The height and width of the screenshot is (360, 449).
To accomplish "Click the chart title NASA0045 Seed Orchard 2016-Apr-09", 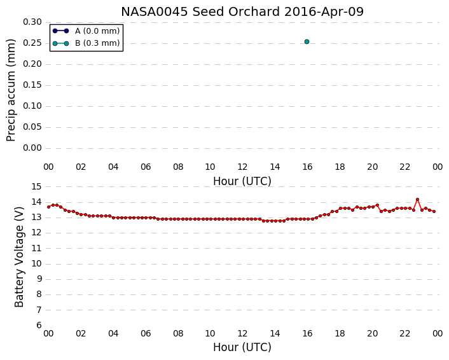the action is coord(242,11).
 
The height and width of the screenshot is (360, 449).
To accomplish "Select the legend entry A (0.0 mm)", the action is coord(86,31).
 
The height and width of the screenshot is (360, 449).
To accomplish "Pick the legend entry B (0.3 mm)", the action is coord(86,43).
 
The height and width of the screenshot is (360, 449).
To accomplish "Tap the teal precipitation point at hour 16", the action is coord(307,41).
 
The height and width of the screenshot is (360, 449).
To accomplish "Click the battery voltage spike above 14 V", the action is coord(417,199).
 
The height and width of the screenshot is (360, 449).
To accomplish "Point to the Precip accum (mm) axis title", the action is coord(11,90).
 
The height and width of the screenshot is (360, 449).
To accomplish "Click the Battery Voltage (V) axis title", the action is coord(19,257).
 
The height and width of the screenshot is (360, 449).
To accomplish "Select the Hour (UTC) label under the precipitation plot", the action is coord(242,181).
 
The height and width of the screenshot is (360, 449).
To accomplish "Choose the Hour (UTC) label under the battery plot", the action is coord(242,347).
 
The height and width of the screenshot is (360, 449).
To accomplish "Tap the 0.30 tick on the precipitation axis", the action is coord(32,22).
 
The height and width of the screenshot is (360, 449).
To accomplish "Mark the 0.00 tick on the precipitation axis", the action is coord(32,148).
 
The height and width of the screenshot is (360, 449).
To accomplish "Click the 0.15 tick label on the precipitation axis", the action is coord(32,85).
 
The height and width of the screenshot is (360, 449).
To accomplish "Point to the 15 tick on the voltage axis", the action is coord(36,187).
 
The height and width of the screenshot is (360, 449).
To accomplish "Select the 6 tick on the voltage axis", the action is coord(39,326).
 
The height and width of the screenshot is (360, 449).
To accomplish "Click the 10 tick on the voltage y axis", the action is coord(36,264).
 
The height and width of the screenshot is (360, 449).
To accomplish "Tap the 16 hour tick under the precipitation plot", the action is coord(307,167).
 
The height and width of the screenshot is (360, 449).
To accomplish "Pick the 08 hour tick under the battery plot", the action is coord(178,333).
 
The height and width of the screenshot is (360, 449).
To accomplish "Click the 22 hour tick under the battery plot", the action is coord(404,333).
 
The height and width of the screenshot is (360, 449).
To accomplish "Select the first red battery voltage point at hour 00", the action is coord(49,207).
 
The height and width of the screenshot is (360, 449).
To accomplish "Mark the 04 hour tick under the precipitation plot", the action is coord(113,167).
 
